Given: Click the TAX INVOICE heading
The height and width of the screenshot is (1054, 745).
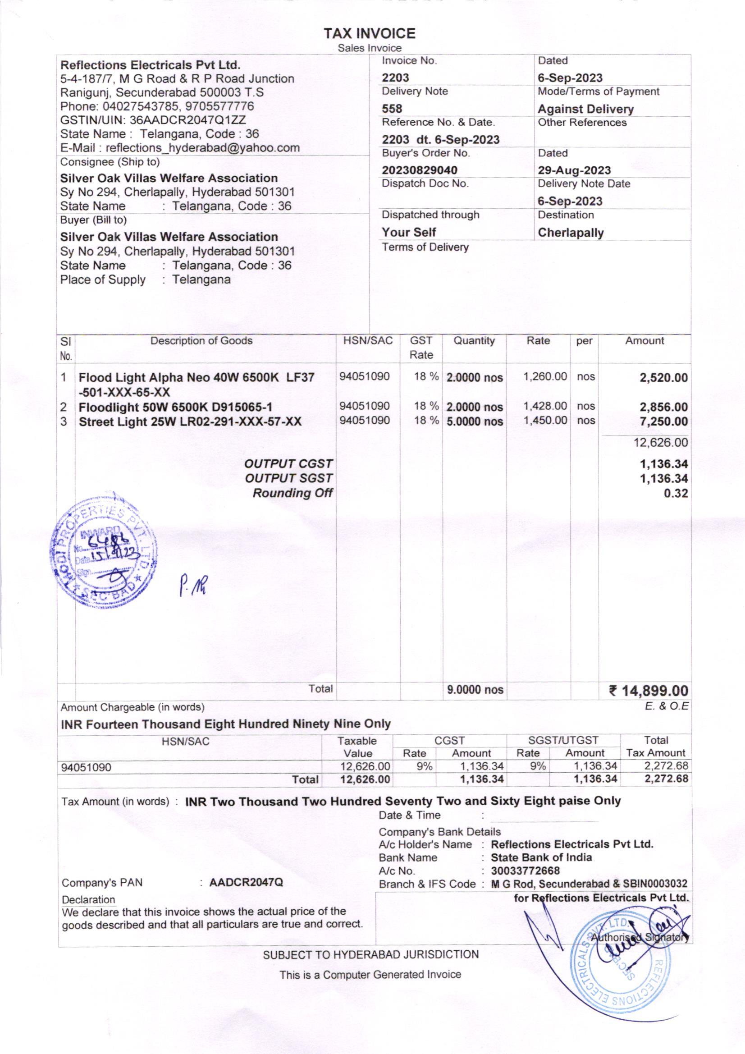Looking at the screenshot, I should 370,33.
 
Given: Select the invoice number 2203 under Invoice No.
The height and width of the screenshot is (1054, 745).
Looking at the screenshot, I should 395,78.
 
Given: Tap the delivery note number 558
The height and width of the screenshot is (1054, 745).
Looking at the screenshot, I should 392,109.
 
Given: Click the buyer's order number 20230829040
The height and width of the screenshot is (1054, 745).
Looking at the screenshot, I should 420,170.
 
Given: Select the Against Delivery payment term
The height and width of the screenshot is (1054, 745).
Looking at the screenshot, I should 585,109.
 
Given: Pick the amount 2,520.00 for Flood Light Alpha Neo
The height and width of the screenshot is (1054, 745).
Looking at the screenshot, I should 663,378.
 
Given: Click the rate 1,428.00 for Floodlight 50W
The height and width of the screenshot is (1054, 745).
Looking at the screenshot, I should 545,406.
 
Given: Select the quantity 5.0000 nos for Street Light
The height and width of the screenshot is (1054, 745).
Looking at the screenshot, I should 475,422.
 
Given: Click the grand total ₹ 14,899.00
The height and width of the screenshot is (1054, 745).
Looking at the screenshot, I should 649,691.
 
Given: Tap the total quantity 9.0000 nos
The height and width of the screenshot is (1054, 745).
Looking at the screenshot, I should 475,689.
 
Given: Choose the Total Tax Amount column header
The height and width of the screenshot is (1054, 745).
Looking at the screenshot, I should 655,747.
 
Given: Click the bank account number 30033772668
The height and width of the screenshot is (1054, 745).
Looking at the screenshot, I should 525,871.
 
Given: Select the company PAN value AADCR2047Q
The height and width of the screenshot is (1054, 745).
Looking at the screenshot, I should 246,882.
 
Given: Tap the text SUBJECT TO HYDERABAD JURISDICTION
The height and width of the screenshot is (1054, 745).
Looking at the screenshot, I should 370,955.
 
